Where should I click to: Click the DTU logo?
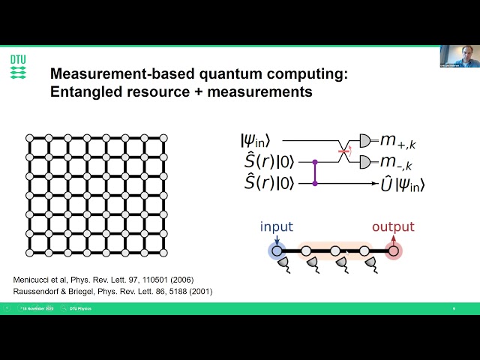17,66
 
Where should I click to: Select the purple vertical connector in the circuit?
315,172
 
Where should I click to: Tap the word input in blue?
277,227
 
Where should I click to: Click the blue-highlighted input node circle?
277,251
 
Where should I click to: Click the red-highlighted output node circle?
394,251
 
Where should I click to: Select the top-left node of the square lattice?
29,138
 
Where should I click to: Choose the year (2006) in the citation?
176,280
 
